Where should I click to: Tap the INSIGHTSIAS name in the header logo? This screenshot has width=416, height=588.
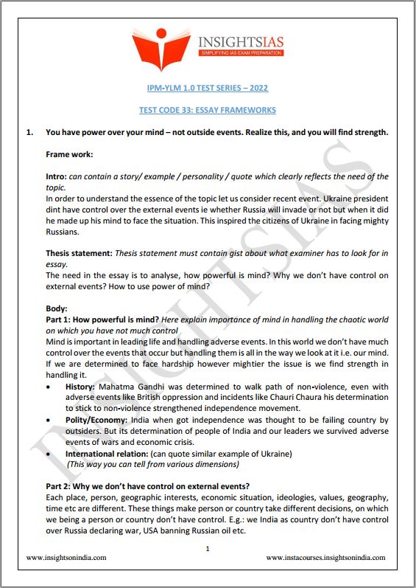[240, 41]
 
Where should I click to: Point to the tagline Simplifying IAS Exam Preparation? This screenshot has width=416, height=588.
[240, 54]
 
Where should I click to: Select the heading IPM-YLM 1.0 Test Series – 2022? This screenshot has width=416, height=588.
[208, 89]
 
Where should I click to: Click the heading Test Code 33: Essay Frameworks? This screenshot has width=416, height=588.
[208, 110]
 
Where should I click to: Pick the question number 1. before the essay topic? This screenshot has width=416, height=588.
[30, 133]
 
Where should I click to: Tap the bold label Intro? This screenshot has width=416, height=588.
[56, 177]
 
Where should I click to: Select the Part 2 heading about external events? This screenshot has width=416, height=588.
[147, 485]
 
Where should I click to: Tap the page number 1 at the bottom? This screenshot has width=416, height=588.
[208, 548]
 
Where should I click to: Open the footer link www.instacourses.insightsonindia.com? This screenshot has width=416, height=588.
[325, 558]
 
